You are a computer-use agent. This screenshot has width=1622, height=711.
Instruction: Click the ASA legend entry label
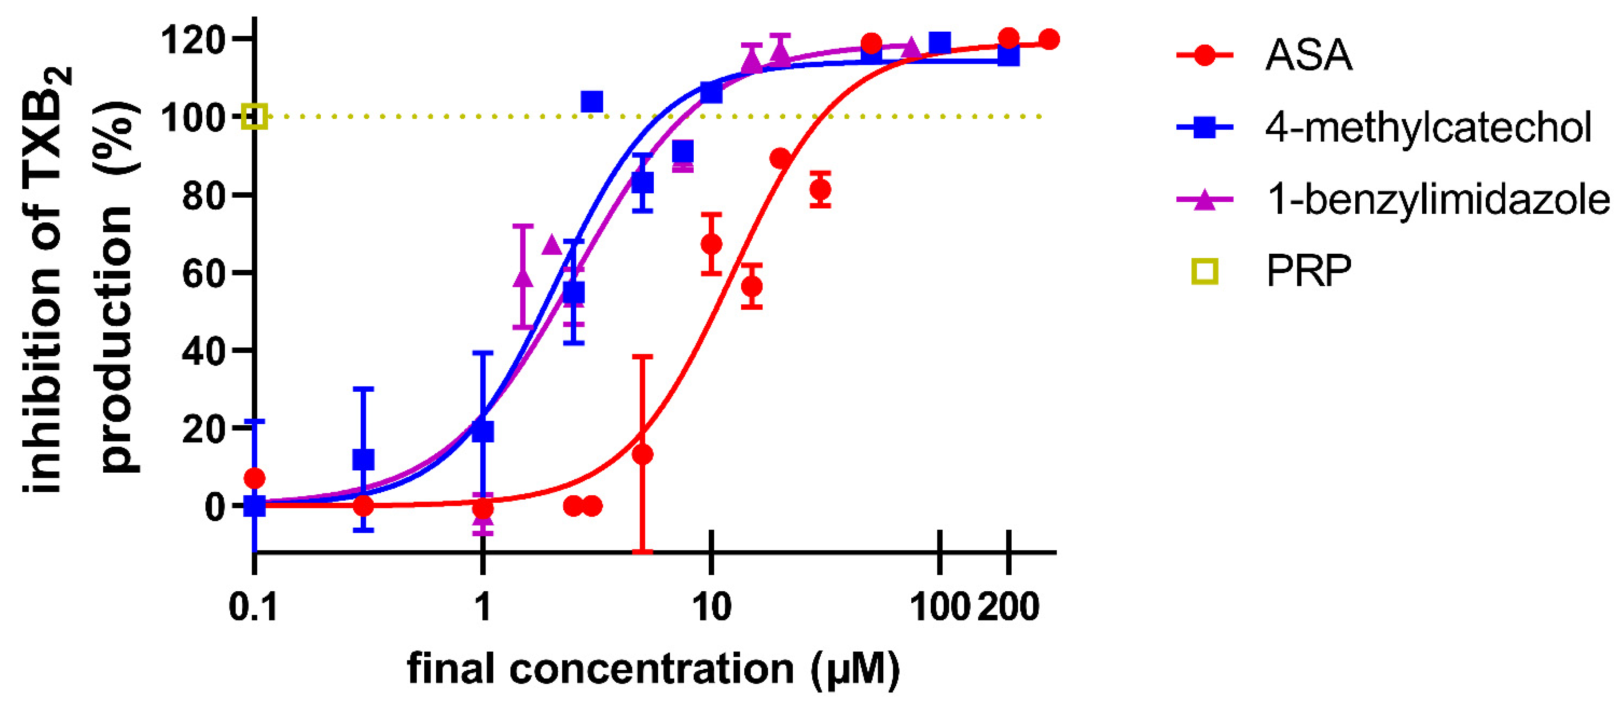(1308, 55)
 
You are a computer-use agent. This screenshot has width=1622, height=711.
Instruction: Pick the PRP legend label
(1308, 272)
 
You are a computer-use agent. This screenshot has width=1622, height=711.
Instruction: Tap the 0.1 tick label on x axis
(252, 608)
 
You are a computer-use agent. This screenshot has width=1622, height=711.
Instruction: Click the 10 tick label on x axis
(711, 608)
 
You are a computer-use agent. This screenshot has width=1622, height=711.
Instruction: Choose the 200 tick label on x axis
(1008, 608)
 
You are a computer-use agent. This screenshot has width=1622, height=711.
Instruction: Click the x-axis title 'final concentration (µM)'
(654, 669)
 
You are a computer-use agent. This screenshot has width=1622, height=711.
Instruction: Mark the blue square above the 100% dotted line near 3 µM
(592, 102)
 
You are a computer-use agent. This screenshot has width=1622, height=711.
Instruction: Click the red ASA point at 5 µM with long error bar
(642, 455)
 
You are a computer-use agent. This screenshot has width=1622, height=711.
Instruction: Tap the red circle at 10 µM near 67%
(711, 244)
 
